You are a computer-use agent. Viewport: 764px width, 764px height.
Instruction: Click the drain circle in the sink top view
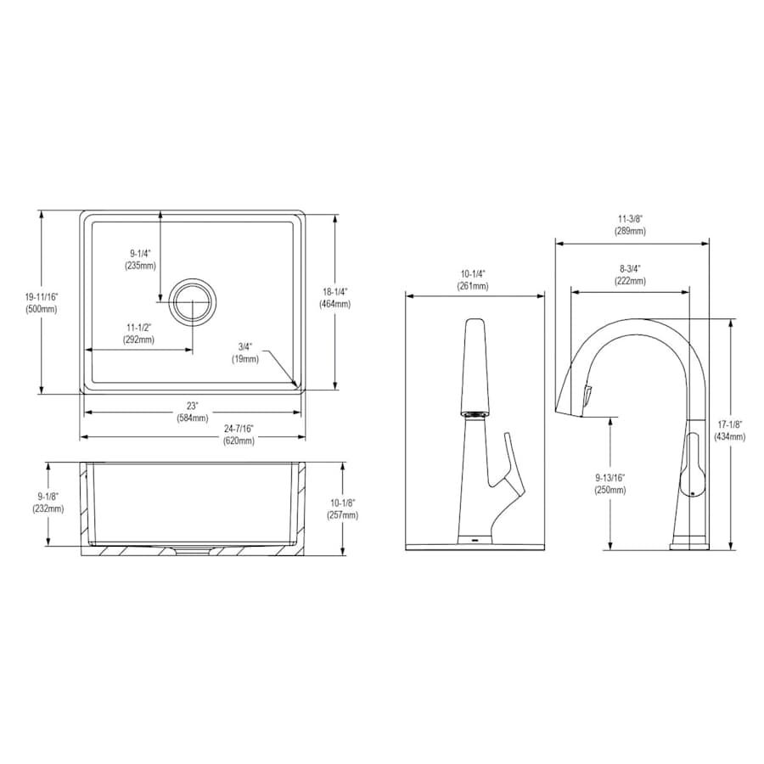tap(194, 301)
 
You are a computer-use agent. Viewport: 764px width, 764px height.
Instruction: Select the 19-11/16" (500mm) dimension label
tap(41, 302)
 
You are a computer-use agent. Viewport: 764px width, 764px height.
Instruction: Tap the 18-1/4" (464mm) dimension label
tap(336, 297)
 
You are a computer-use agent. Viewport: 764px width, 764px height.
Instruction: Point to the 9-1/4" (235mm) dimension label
tap(141, 259)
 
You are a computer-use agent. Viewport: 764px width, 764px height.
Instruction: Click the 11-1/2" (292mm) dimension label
tap(140, 334)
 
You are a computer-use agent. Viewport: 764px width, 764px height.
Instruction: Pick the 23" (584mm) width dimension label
tap(193, 412)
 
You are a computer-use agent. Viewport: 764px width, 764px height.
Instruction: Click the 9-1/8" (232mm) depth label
tap(48, 503)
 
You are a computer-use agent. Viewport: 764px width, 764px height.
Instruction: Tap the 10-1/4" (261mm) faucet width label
tap(474, 280)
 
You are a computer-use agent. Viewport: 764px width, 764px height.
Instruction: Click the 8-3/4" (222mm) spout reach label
tap(630, 275)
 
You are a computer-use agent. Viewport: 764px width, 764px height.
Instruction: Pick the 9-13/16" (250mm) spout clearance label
tap(610, 484)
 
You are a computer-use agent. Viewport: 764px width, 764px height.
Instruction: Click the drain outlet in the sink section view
tap(193, 548)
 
